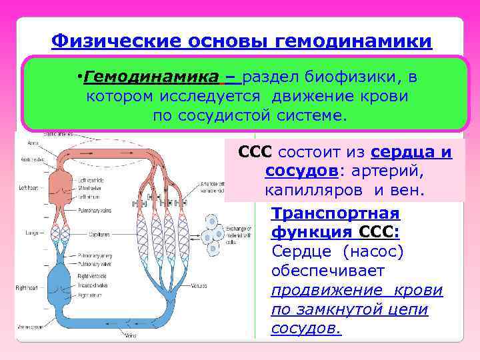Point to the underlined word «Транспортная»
pos(335,214)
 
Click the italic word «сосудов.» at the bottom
pos(306,329)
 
